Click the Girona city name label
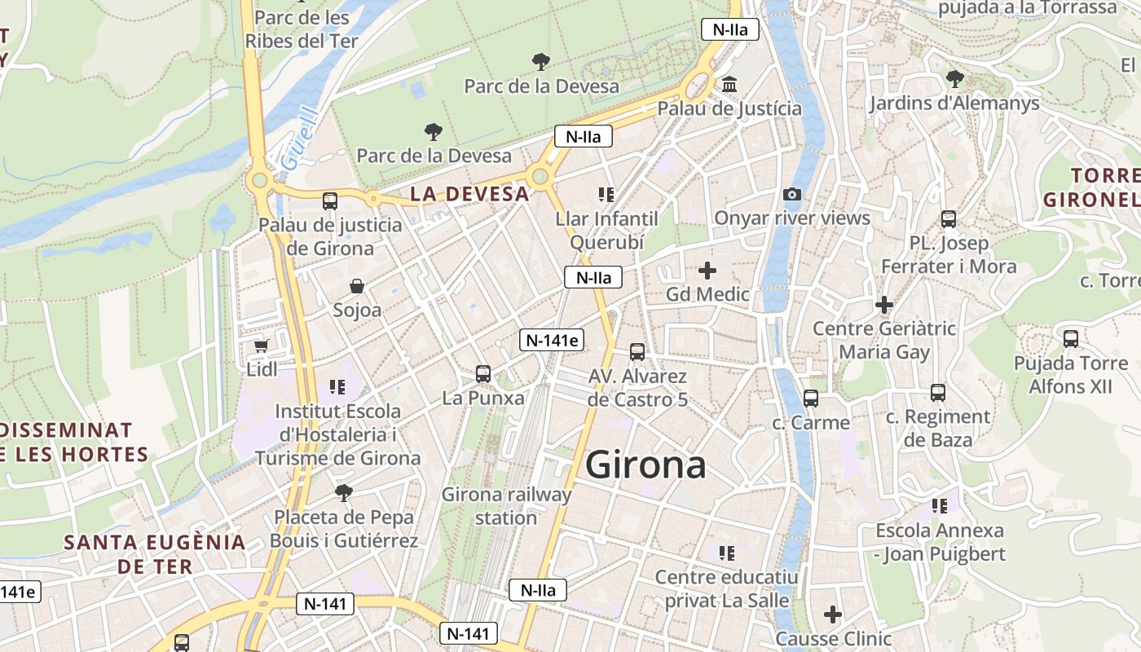point(645,465)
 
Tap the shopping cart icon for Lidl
point(262,346)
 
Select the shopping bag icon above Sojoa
point(357,286)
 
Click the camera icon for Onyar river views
point(791,194)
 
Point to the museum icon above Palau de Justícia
point(729,85)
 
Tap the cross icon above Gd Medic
point(707,270)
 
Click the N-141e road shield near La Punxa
point(552,340)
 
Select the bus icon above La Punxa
point(483,374)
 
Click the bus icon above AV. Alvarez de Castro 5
point(637,352)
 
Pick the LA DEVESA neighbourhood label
point(469,194)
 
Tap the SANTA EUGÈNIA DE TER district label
point(155,553)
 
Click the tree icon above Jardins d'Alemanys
point(954,79)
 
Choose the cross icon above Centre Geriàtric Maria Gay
point(884,305)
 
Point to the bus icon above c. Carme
point(810,399)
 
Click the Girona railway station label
point(506,505)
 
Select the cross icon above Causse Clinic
point(833,614)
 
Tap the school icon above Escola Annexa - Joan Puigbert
point(940,506)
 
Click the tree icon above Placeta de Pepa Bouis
point(344,492)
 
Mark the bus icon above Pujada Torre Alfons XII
point(1071,339)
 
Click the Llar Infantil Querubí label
point(606,230)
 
